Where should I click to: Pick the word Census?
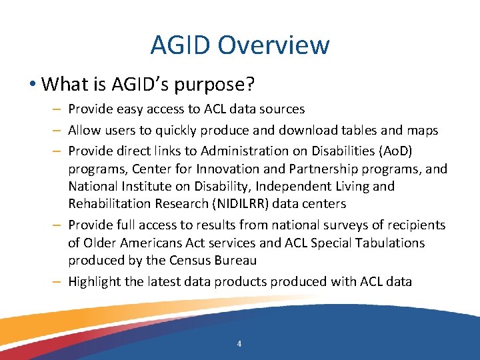pos(182,260)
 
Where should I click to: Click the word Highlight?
pos(94,281)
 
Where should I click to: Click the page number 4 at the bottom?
pos(239,344)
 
